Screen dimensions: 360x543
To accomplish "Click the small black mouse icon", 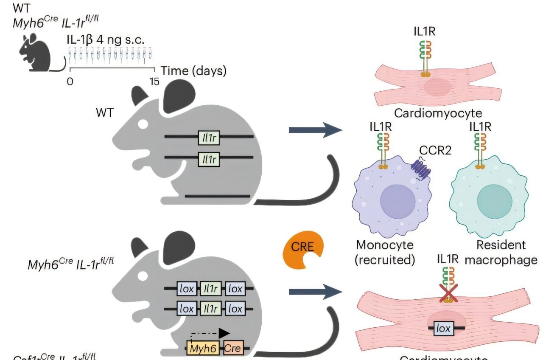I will pyautogui.click(x=36, y=53).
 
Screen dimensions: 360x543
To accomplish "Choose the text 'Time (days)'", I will pyautogui.click(x=193, y=71).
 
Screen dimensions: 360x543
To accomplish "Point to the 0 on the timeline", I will pyautogui.click(x=70, y=81).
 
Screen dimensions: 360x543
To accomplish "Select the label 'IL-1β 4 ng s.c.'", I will pyautogui.click(x=105, y=40).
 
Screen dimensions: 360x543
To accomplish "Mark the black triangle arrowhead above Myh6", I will pyautogui.click(x=224, y=333).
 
